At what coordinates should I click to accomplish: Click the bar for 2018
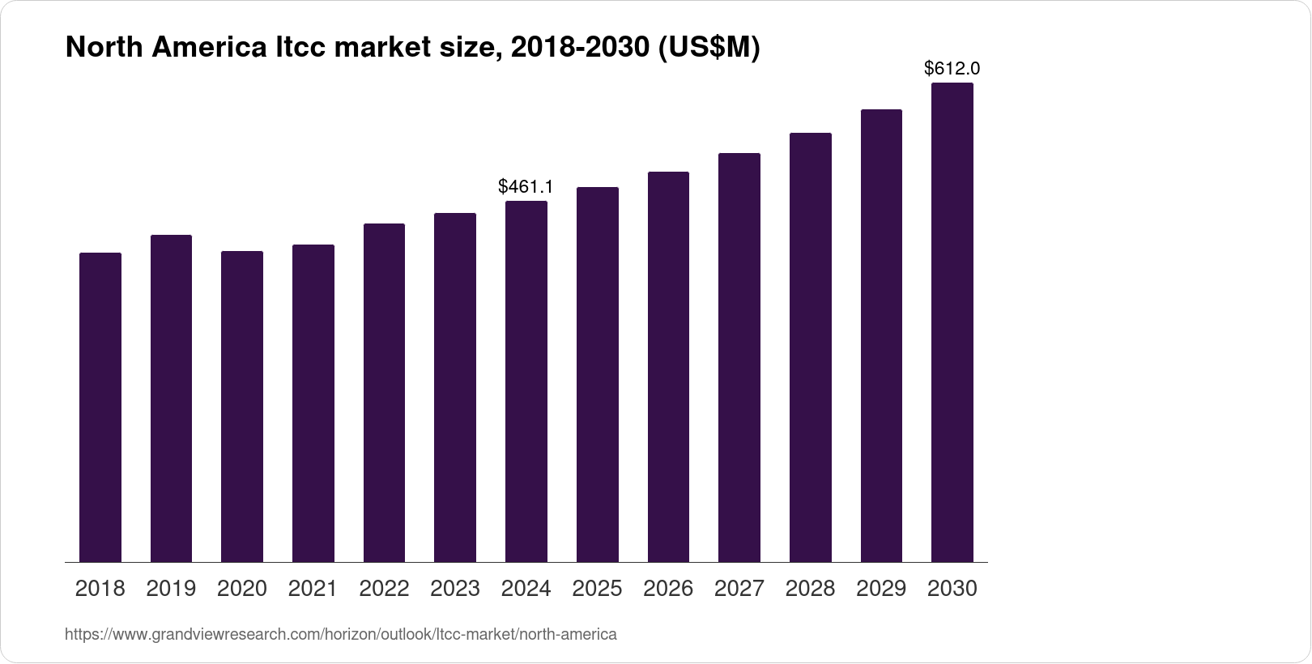(100, 407)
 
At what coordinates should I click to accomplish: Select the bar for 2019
(171, 398)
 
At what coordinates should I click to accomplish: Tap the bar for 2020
(242, 406)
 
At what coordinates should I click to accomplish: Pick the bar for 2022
(384, 393)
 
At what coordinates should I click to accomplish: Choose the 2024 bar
(526, 381)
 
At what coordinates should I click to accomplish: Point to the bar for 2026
(668, 367)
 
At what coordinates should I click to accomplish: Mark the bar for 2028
(810, 347)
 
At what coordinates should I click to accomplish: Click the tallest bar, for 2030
(952, 322)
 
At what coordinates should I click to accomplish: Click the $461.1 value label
(526, 187)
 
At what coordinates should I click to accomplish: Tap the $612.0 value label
(952, 69)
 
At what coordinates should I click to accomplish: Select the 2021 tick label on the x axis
(313, 589)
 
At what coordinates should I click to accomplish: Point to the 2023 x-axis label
(455, 589)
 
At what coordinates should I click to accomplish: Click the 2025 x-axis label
(597, 589)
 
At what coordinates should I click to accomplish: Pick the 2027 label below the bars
(739, 589)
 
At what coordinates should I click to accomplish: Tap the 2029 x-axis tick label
(881, 589)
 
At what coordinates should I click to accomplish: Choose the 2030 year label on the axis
(952, 589)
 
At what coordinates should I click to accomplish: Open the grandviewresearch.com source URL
(340, 634)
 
